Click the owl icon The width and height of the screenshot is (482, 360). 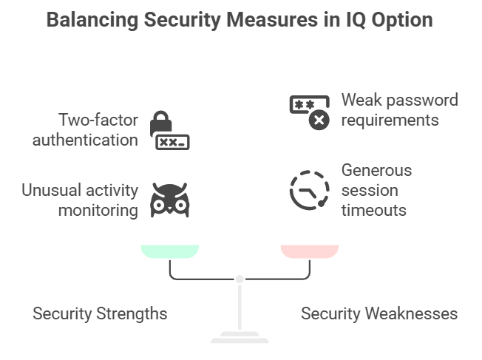169,200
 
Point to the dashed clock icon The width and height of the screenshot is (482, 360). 309,191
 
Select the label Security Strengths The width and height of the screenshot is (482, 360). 100,313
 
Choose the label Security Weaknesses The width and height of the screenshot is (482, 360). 379,313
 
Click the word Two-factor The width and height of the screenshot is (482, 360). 97,120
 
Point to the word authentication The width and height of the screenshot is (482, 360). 85,140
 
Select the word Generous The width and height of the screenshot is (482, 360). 376,171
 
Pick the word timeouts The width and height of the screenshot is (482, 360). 373,211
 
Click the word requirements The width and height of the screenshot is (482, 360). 390,120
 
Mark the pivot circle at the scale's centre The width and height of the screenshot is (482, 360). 239,279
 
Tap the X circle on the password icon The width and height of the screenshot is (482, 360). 319,120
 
